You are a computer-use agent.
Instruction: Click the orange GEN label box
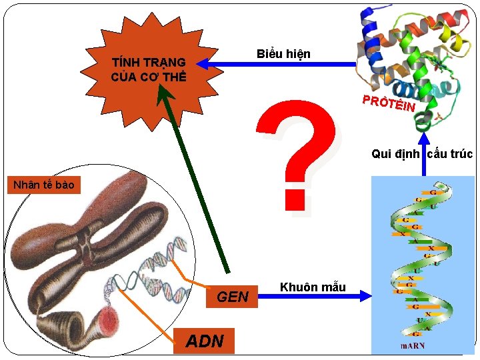click(x=233, y=297)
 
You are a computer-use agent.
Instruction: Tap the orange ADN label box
click(x=204, y=341)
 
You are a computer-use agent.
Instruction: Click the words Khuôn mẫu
click(x=313, y=287)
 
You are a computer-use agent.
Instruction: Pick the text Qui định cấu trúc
click(x=421, y=154)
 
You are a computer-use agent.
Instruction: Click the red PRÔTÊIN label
click(x=389, y=103)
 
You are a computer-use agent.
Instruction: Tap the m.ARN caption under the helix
click(x=412, y=346)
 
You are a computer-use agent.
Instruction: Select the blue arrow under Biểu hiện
click(x=280, y=65)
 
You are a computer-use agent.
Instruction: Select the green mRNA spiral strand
click(x=420, y=260)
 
